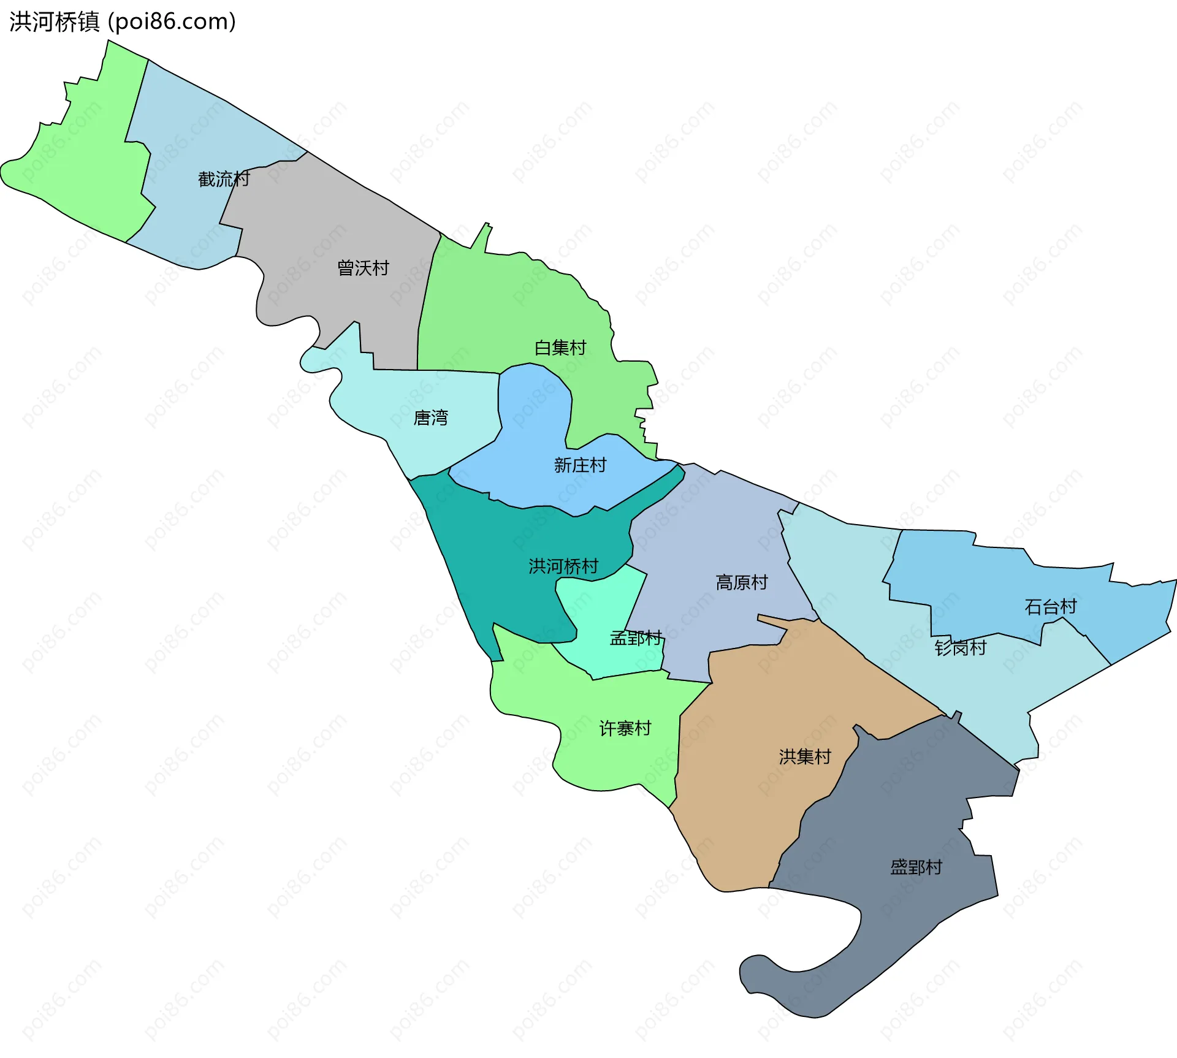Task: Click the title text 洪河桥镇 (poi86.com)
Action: click(x=123, y=22)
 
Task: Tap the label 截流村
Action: click(x=224, y=179)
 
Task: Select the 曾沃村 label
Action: click(x=363, y=268)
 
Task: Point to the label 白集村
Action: click(x=560, y=348)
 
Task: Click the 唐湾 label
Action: click(x=431, y=418)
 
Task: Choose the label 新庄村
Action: click(x=580, y=465)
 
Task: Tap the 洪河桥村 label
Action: click(x=563, y=566)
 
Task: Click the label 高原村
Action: click(x=742, y=582)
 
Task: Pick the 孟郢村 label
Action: click(x=636, y=638)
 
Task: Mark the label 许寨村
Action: click(x=625, y=728)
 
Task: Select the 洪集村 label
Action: click(x=805, y=757)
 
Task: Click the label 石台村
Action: click(x=1051, y=607)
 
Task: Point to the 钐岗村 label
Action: click(x=961, y=648)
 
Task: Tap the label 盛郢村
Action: click(x=916, y=867)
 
